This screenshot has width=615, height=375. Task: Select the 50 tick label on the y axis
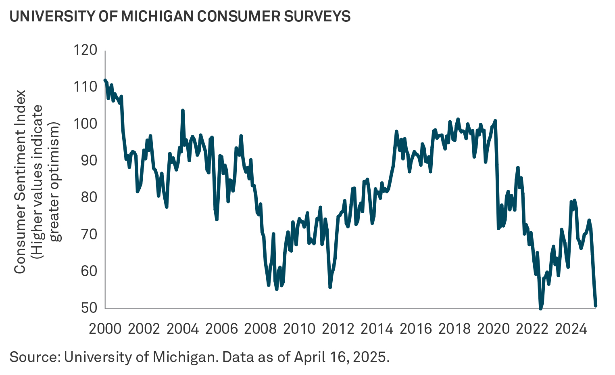click(x=89, y=308)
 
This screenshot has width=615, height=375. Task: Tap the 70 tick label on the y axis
click(x=89, y=234)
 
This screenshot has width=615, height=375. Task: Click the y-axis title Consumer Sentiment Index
click(x=20, y=182)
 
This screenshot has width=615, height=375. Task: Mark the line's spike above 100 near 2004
click(x=183, y=110)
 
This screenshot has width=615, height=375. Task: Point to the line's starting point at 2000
click(x=105, y=80)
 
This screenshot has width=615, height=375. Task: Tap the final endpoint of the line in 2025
click(x=595, y=306)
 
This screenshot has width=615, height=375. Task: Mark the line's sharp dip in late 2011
click(x=330, y=287)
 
